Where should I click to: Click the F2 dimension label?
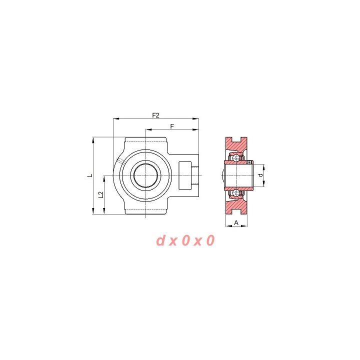(x=155, y=115)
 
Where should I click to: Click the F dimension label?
(x=172, y=126)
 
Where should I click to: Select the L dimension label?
(x=90, y=175)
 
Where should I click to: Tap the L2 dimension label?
(x=101, y=195)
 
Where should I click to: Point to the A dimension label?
(x=236, y=222)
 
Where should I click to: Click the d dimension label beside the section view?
(x=260, y=175)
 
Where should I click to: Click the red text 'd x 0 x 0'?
(x=185, y=240)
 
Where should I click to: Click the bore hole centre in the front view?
(x=146, y=175)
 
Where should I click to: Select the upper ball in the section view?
(x=236, y=158)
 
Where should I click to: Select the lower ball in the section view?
(x=236, y=193)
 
